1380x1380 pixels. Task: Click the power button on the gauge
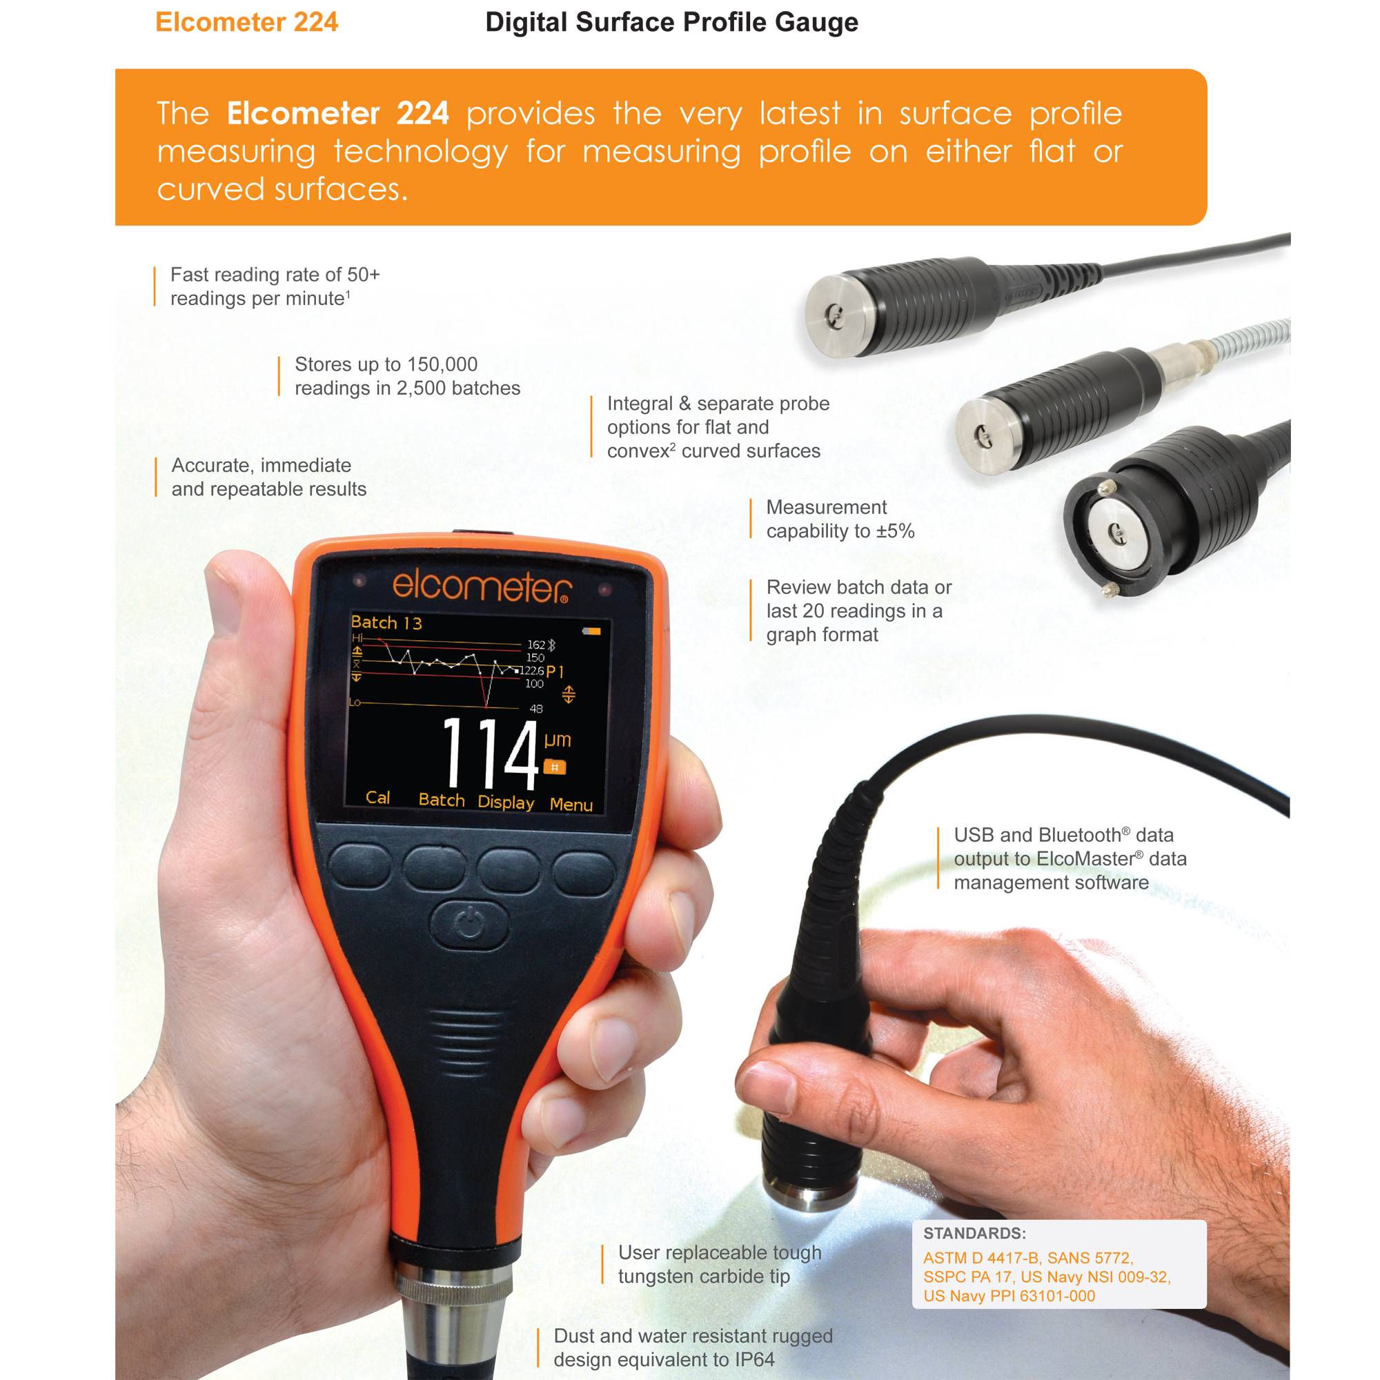click(470, 926)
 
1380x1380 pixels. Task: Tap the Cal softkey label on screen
click(377, 798)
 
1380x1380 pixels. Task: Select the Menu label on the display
click(571, 805)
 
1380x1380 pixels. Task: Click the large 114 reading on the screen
click(490, 754)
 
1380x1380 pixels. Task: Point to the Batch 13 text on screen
click(386, 623)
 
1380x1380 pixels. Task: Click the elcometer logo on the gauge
click(481, 587)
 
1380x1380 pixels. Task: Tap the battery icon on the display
click(593, 631)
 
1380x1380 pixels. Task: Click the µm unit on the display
click(557, 739)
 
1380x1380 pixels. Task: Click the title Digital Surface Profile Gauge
click(671, 23)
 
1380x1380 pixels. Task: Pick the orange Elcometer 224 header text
click(246, 23)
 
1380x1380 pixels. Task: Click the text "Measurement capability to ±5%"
click(839, 520)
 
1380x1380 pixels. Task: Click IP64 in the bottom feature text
click(754, 1359)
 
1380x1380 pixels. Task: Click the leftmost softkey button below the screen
click(360, 867)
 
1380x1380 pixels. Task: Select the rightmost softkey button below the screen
click(583, 873)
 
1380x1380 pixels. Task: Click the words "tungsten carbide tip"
click(704, 1276)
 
